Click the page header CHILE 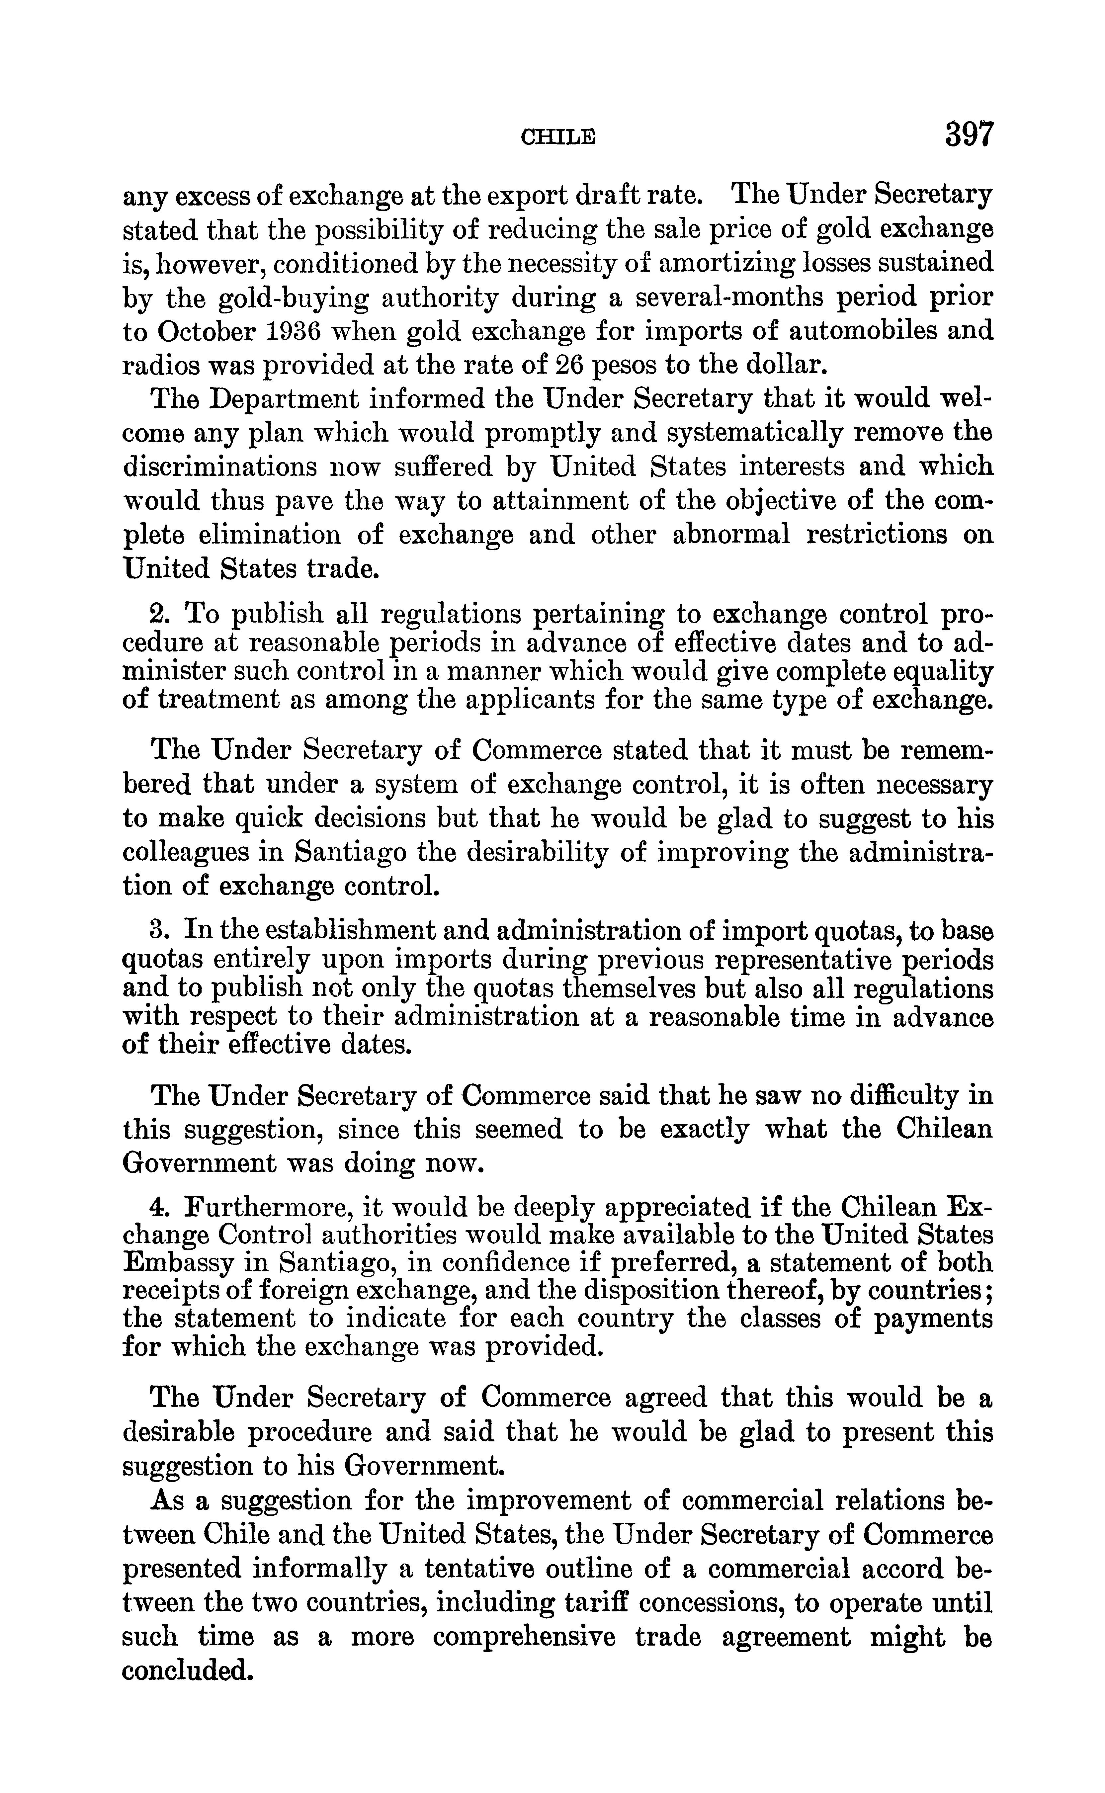click(x=557, y=136)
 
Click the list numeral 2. click(x=159, y=612)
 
